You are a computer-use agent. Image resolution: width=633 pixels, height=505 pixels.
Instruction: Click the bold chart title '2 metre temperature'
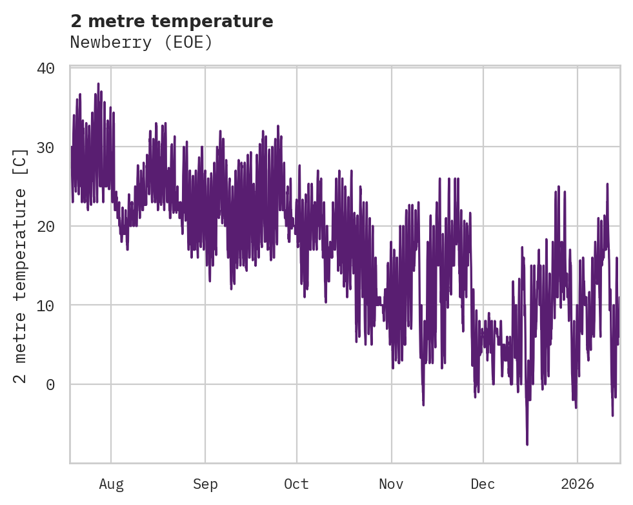172,21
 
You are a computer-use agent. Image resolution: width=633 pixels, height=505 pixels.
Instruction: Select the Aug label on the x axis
111,484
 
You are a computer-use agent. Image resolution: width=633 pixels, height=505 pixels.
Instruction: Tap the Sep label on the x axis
205,484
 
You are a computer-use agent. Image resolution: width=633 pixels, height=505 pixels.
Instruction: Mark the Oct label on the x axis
297,484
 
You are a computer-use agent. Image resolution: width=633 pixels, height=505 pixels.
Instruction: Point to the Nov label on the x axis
391,484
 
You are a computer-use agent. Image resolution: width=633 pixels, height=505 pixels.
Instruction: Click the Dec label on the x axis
483,484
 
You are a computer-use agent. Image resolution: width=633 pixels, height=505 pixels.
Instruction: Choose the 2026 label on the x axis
578,484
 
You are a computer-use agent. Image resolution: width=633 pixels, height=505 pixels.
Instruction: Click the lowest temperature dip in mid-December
527,444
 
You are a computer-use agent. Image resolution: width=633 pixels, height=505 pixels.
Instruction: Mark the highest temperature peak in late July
98,84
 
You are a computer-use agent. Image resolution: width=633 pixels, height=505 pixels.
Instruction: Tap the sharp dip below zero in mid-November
423,404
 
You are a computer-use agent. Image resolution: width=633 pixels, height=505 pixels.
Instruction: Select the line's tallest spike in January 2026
607,184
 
